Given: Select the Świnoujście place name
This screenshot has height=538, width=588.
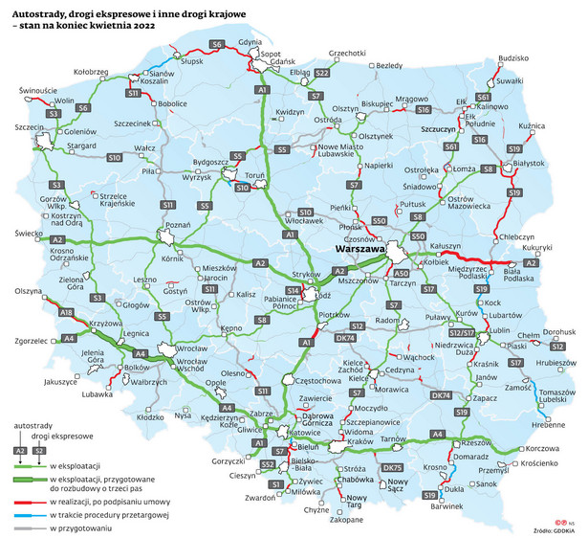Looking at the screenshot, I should (x=37, y=91).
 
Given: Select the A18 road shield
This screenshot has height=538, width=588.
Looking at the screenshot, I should (x=66, y=313).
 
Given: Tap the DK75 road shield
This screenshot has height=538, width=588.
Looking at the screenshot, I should (x=393, y=467).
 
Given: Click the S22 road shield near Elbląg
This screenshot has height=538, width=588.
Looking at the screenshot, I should (x=322, y=73).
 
